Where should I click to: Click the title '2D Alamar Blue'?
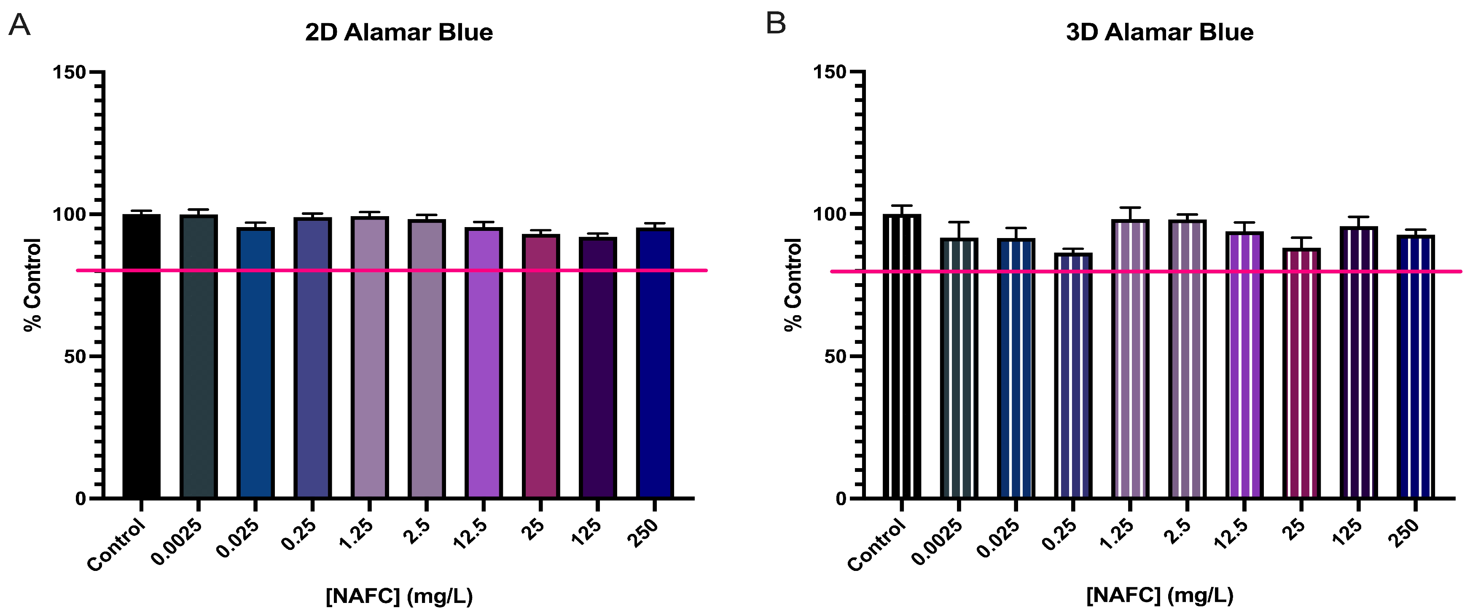click(x=398, y=32)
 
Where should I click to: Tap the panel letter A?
click(x=19, y=26)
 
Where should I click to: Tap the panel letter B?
click(x=776, y=24)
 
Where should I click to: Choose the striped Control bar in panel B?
click(x=902, y=356)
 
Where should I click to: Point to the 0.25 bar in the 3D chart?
click(x=1073, y=376)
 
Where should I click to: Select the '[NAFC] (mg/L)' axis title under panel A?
click(x=399, y=596)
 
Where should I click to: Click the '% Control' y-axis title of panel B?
click(x=793, y=284)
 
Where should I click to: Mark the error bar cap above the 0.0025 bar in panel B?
click(x=959, y=222)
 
